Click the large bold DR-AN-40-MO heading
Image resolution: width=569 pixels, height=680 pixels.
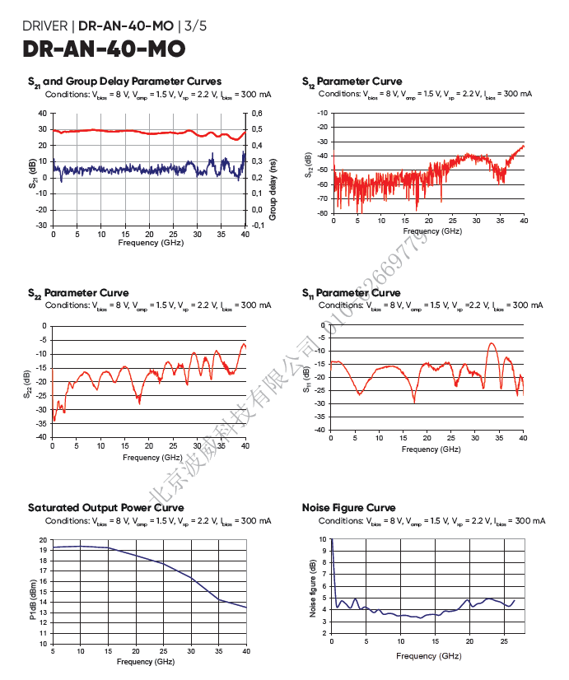coord(105,49)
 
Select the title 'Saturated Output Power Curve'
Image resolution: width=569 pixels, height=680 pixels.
coord(106,508)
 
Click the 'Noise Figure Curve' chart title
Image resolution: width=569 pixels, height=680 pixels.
coord(349,508)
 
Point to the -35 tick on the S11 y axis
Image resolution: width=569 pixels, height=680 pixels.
coord(320,417)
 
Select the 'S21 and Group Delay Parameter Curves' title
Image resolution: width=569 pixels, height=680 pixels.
coord(124,82)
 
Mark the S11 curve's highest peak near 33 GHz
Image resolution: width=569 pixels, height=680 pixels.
coord(492,343)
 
